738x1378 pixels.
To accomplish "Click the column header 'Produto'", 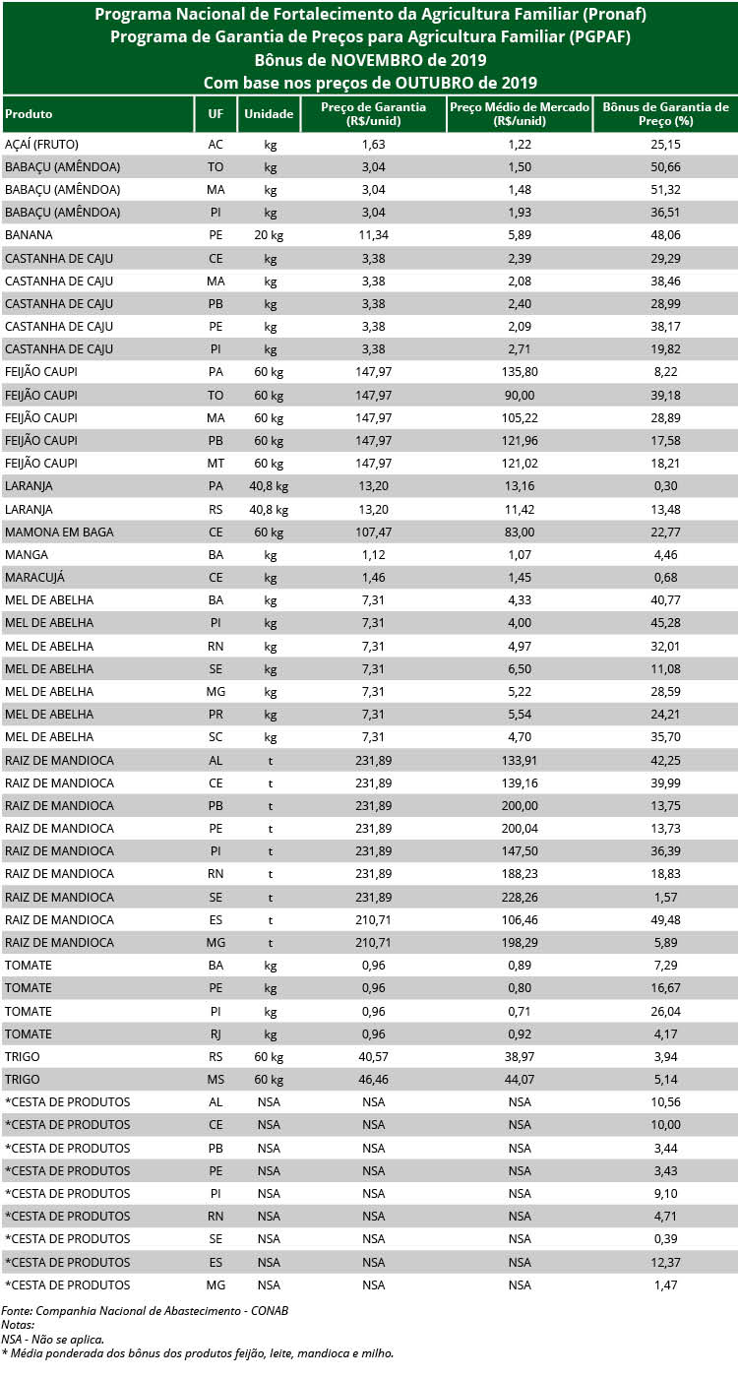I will (30, 114).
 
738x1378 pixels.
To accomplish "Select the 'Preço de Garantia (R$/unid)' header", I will (373, 114).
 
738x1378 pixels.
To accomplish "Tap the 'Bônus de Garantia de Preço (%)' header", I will (665, 114).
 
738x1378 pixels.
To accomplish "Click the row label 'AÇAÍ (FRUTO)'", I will (49, 144).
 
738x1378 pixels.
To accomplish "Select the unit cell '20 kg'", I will (270, 235).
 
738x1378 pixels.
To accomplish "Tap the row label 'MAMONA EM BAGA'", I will (59, 532).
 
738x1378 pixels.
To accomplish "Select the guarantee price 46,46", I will (373, 1079).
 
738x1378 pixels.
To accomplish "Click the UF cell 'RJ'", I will (215, 1033).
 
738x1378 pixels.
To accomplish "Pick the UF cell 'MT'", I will (215, 463).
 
